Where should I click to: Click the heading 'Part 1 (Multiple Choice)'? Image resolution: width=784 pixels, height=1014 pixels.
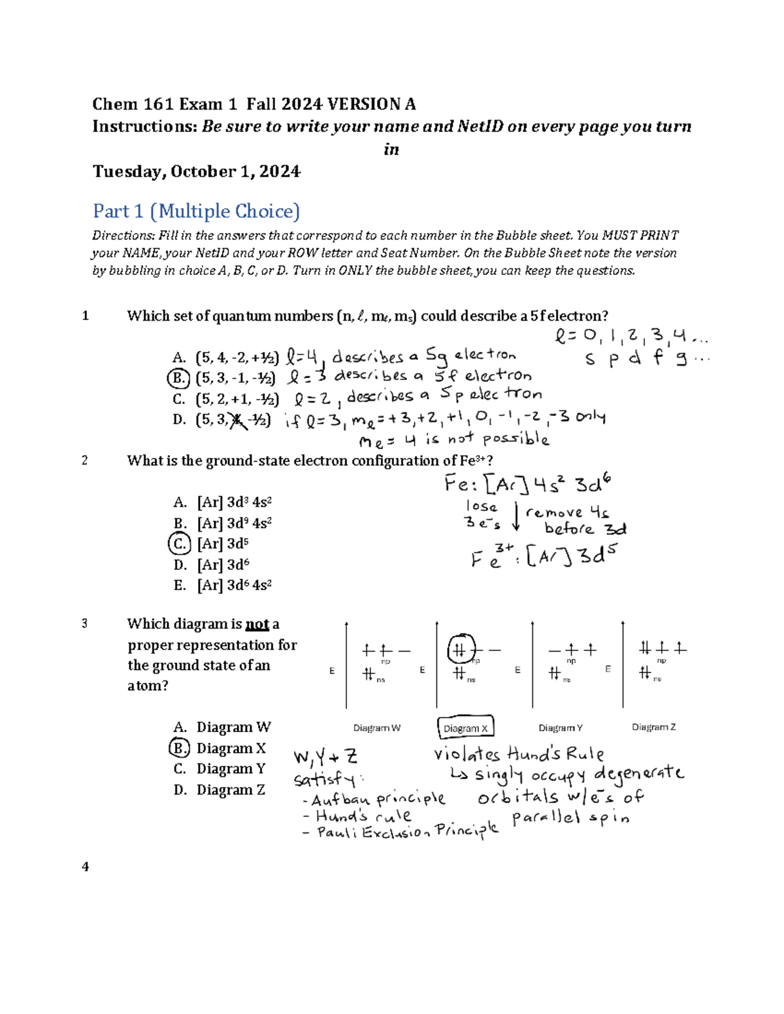(x=196, y=212)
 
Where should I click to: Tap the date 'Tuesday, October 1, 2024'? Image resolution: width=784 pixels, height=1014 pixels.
(x=196, y=172)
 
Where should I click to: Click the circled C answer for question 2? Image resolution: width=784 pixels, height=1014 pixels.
(x=179, y=543)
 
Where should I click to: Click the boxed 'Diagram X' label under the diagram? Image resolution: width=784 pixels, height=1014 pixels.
(x=465, y=728)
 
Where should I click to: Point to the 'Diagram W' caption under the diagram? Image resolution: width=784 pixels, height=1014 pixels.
(x=376, y=728)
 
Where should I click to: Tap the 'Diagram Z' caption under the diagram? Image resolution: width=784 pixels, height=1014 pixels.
(x=653, y=727)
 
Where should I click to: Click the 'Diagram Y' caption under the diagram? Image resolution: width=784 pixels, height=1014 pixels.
(x=560, y=728)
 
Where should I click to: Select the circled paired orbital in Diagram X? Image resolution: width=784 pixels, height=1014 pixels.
(x=461, y=650)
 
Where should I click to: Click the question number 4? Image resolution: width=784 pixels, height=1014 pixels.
(x=85, y=866)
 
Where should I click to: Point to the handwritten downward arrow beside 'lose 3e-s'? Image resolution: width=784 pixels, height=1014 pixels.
(x=516, y=516)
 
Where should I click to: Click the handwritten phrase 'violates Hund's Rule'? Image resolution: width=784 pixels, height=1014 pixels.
(x=519, y=754)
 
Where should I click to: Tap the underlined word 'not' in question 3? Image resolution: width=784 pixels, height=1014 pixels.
(x=257, y=624)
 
